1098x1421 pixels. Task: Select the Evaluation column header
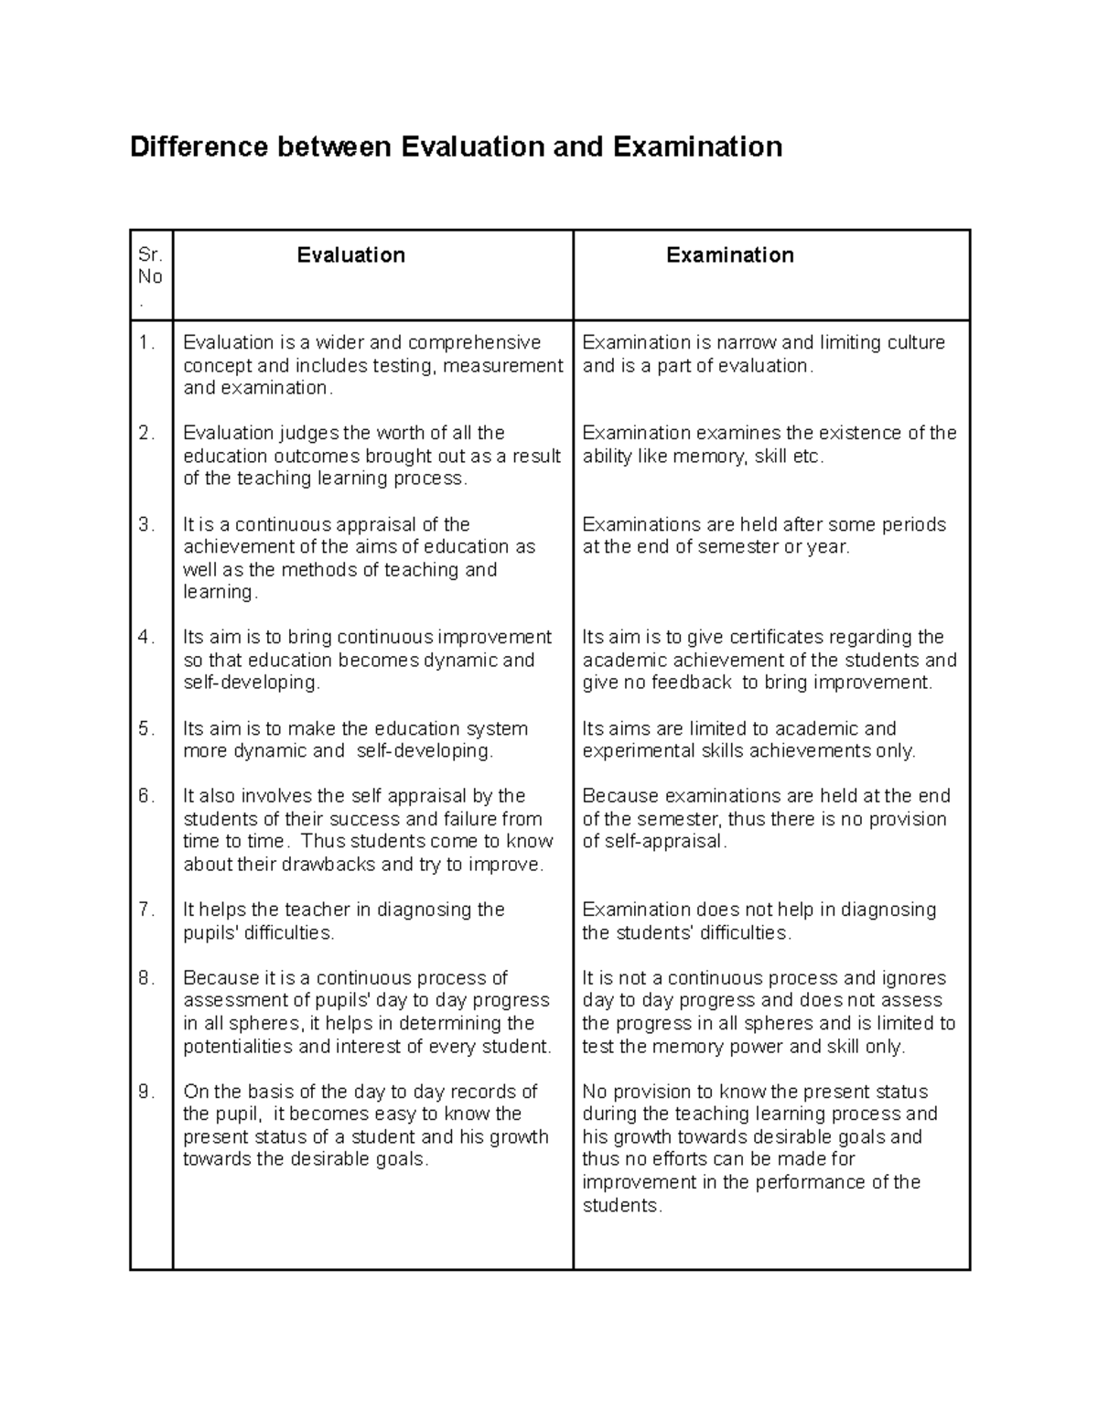[x=350, y=255]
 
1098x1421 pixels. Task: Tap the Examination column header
[x=729, y=255]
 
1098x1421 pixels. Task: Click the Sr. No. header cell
[x=150, y=276]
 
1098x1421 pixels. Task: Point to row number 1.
[x=146, y=343]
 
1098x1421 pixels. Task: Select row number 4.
[x=146, y=638]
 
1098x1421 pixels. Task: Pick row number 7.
[x=146, y=910]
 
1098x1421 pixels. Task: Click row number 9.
[x=146, y=1092]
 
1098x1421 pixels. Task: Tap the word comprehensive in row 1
[x=474, y=343]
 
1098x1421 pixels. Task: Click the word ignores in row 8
[x=914, y=978]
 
